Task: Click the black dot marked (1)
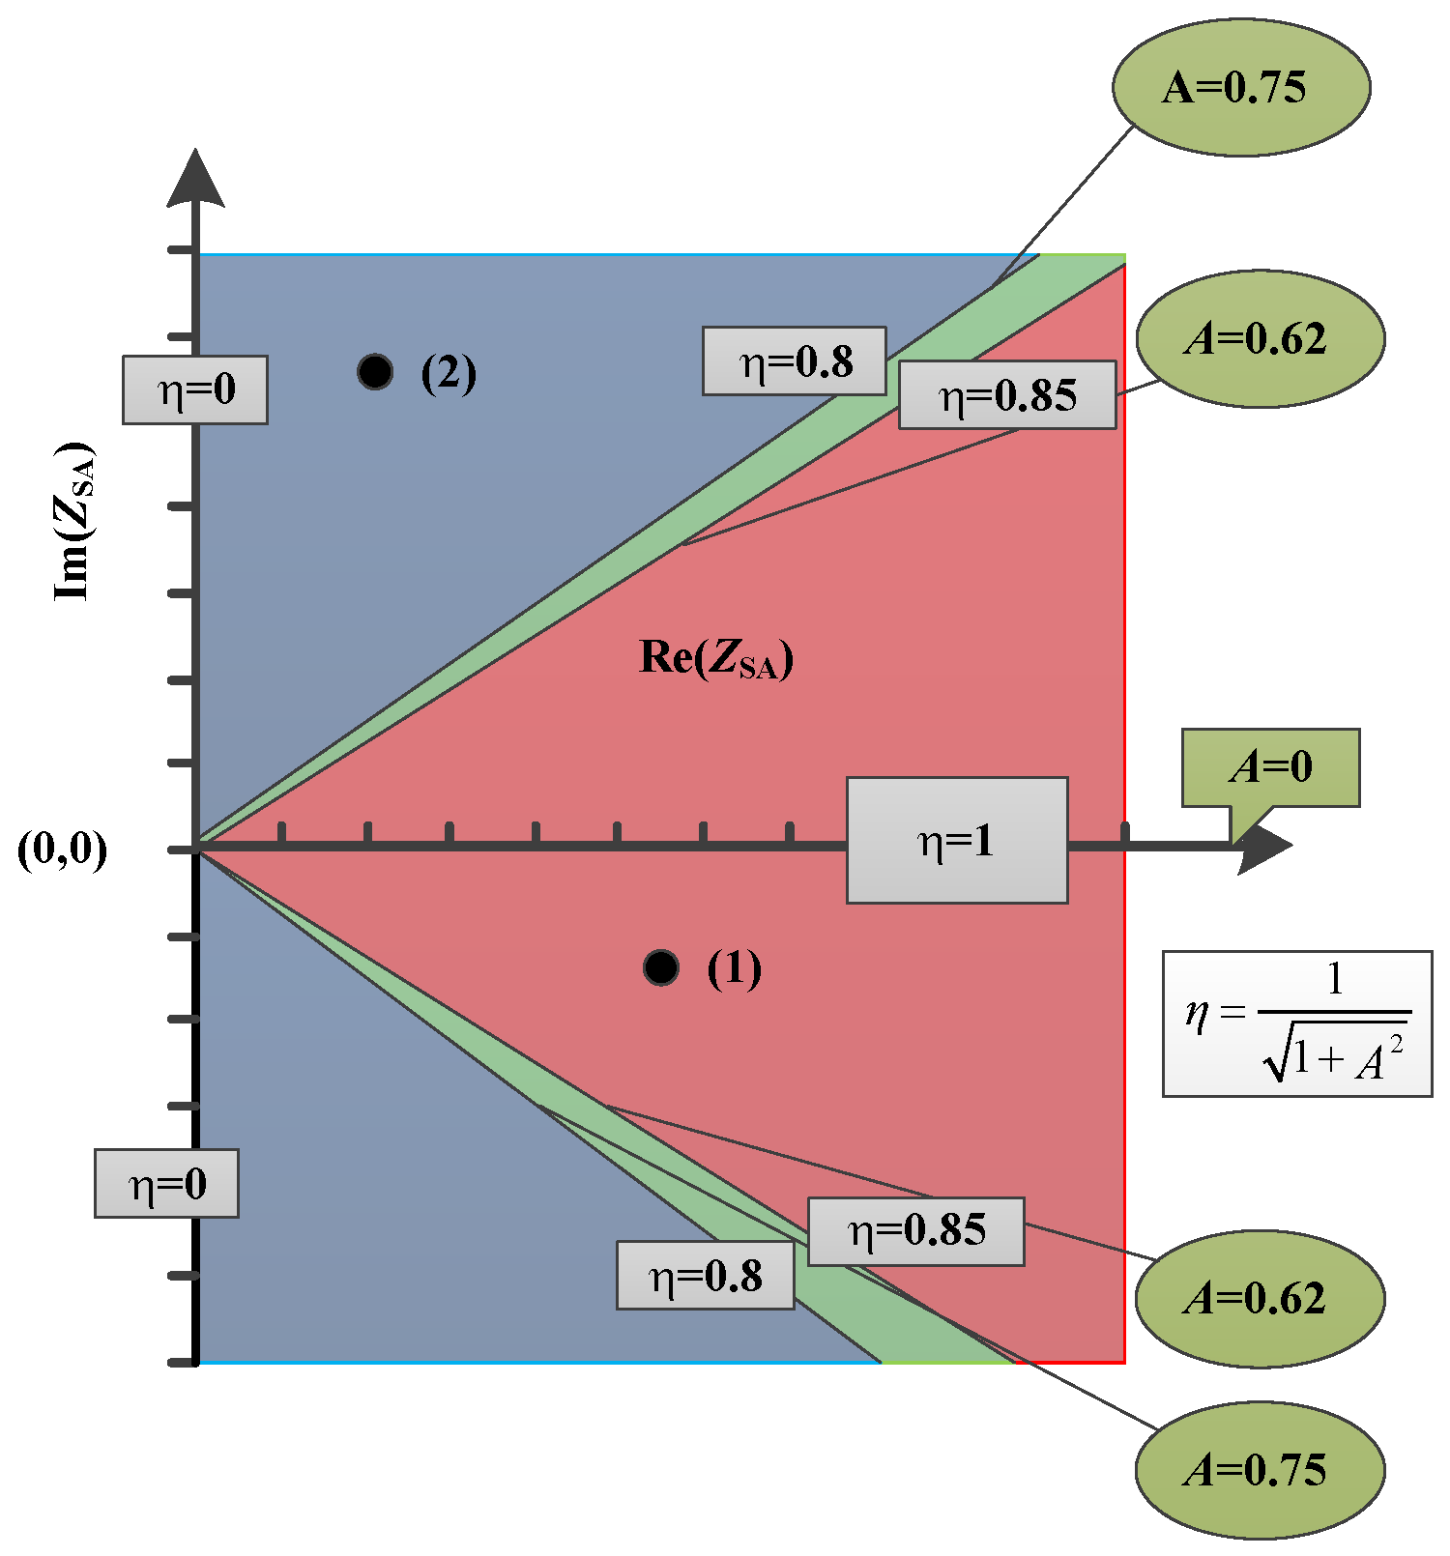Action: (x=661, y=966)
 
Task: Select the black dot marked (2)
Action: (x=375, y=371)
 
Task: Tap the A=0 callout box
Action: (x=1270, y=767)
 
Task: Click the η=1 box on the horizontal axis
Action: (x=957, y=841)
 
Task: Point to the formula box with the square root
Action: (x=1296, y=1023)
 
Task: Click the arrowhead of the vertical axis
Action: (x=196, y=179)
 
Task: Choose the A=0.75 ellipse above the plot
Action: (x=1241, y=87)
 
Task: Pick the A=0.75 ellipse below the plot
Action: (x=1260, y=1469)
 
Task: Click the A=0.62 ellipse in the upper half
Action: (x=1260, y=338)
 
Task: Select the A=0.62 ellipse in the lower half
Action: (x=1260, y=1298)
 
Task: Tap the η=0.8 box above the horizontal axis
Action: (x=794, y=361)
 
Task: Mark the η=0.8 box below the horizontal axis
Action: (x=706, y=1276)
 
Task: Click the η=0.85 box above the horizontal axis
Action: (x=1007, y=395)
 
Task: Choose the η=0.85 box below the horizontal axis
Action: (x=915, y=1231)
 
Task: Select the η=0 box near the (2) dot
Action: (x=195, y=389)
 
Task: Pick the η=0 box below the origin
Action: (x=166, y=1183)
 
